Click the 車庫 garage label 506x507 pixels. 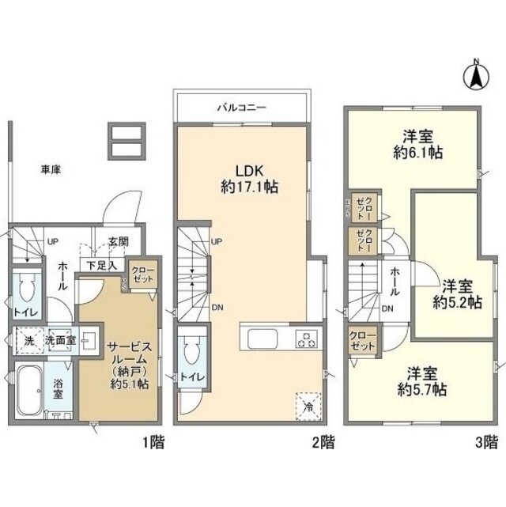53,168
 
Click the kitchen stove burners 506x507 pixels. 305,341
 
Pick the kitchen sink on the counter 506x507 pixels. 261,341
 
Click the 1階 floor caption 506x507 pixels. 155,445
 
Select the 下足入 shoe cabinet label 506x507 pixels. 100,265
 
